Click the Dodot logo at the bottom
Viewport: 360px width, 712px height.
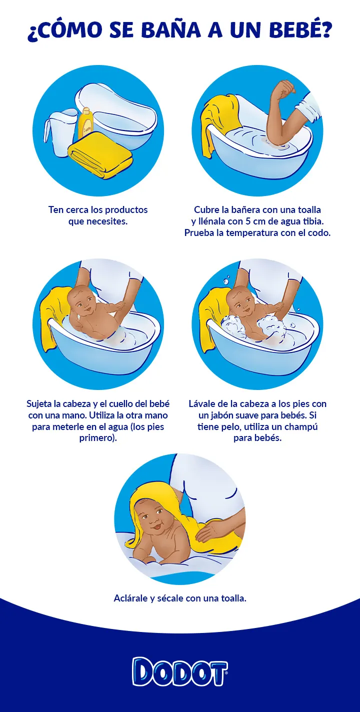(x=180, y=671)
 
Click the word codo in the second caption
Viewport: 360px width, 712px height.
(x=320, y=233)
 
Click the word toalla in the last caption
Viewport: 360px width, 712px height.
(x=233, y=598)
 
